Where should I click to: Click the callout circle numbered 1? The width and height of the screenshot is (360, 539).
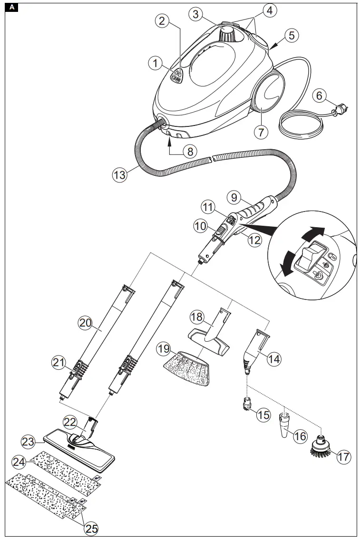(x=155, y=63)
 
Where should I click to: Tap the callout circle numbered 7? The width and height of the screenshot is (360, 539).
(x=260, y=131)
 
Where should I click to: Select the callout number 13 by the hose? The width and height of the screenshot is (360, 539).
(x=120, y=174)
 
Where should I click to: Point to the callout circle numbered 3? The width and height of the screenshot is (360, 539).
(x=195, y=14)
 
